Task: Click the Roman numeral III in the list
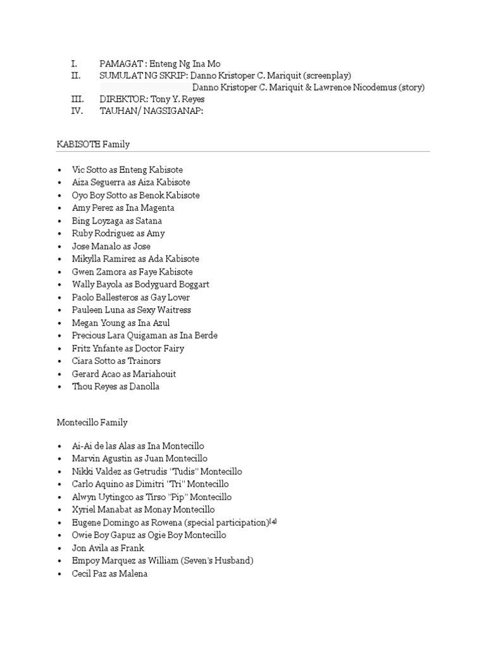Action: (75, 99)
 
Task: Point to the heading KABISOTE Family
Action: (93, 144)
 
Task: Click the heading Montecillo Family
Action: (92, 422)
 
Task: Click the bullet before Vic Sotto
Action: (59, 170)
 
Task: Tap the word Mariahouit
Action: (154, 374)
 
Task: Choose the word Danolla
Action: (144, 387)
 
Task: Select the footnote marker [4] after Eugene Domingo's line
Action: (273, 521)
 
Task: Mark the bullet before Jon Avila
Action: (59, 548)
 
